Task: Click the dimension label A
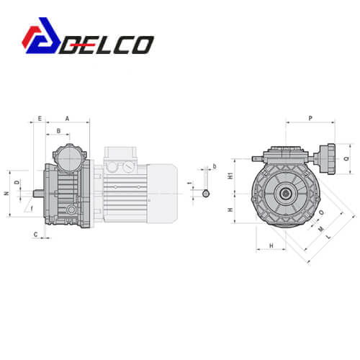tap(67, 119)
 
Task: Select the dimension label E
tap(40, 119)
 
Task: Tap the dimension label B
tap(58, 131)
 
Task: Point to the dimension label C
tap(36, 235)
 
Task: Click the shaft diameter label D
tap(17, 182)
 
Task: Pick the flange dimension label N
tap(7, 193)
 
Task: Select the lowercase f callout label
tap(32, 209)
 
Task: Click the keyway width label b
tap(215, 166)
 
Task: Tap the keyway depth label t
tap(191, 183)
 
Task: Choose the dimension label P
tap(310, 118)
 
